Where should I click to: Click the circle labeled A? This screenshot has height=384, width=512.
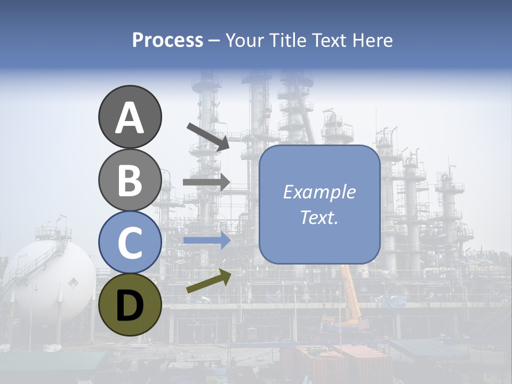point(130,117)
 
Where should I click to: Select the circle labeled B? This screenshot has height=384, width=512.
point(130,180)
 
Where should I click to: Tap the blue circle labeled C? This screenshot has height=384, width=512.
point(130,242)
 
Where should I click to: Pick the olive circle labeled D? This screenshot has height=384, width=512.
point(130,305)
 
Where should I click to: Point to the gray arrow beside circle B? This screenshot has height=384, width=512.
point(206,182)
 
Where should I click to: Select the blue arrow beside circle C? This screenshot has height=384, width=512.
point(206,241)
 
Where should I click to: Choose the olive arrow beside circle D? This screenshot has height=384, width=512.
point(209,281)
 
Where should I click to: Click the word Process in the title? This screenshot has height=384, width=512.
point(167,40)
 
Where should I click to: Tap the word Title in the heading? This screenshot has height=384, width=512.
point(289,40)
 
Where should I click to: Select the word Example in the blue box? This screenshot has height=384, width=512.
point(319,192)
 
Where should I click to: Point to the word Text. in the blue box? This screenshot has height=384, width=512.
point(319,217)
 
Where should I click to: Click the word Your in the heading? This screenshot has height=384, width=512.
point(244,40)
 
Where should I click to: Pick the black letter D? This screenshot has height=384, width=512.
point(130,306)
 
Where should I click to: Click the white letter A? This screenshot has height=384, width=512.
point(130,118)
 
